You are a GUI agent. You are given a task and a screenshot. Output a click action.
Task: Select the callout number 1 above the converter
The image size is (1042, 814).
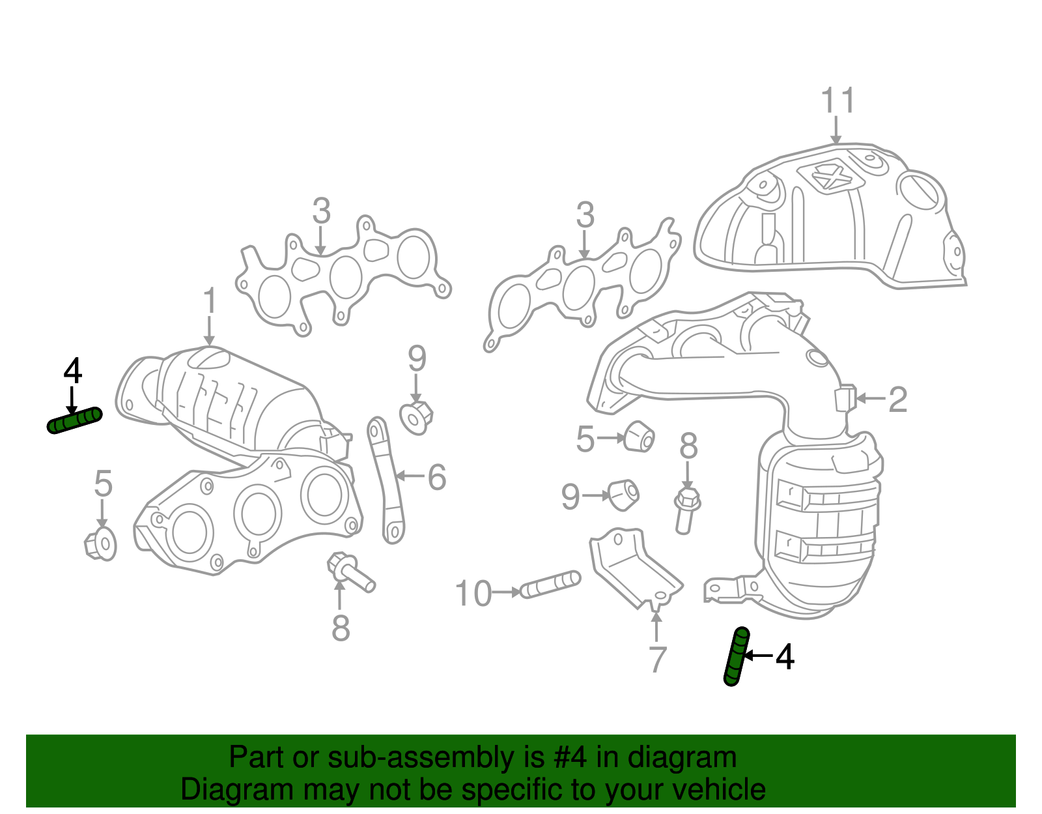click(209, 301)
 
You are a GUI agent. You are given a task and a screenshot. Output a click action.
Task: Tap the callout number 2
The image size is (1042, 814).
click(897, 399)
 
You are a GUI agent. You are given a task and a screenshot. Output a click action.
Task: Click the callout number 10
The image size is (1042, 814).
click(473, 594)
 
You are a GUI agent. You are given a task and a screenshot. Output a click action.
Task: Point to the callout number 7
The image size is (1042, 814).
click(658, 659)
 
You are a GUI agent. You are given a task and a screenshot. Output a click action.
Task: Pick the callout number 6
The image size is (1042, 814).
click(436, 477)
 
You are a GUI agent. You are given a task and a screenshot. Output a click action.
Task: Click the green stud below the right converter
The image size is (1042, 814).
click(736, 656)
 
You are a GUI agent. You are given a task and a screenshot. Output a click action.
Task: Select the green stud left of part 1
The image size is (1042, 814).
click(75, 420)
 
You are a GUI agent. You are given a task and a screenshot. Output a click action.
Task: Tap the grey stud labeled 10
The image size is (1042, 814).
click(551, 584)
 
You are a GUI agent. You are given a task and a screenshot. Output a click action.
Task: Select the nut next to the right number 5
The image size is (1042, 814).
click(638, 436)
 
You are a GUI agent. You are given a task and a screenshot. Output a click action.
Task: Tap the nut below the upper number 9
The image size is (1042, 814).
click(415, 417)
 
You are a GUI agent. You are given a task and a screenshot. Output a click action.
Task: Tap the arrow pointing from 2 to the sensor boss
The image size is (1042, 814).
click(871, 398)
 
